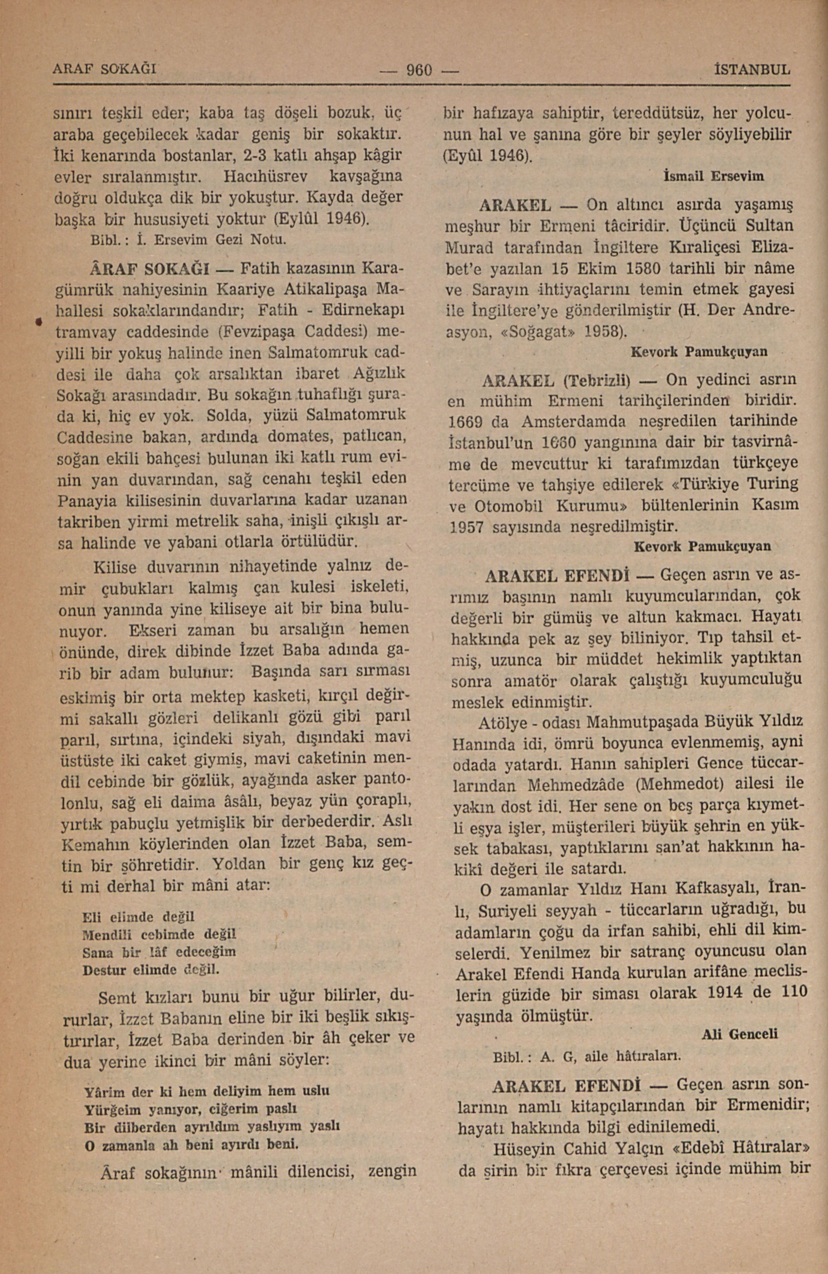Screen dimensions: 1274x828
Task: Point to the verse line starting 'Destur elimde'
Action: coord(152,969)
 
